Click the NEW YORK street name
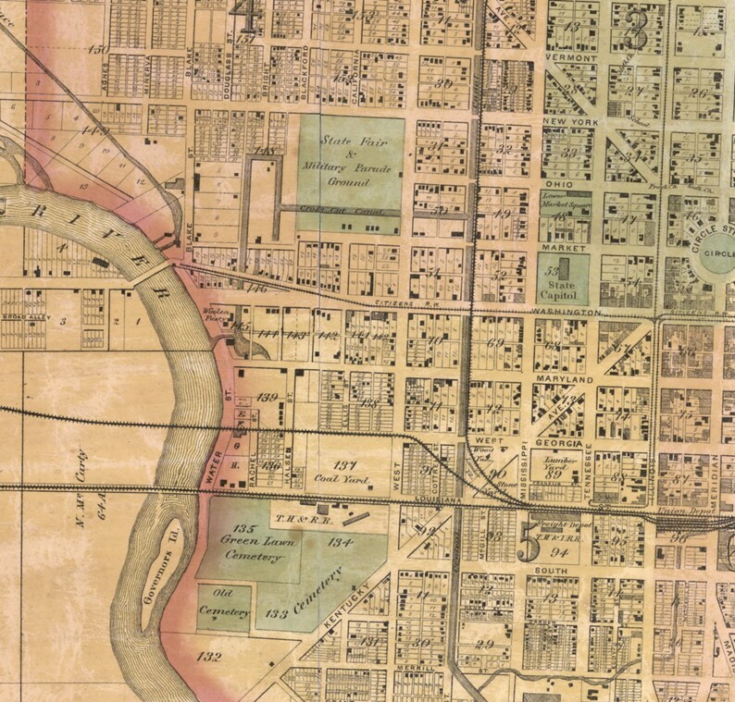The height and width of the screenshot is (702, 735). click(x=567, y=121)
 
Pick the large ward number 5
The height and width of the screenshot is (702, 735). click(x=528, y=545)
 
